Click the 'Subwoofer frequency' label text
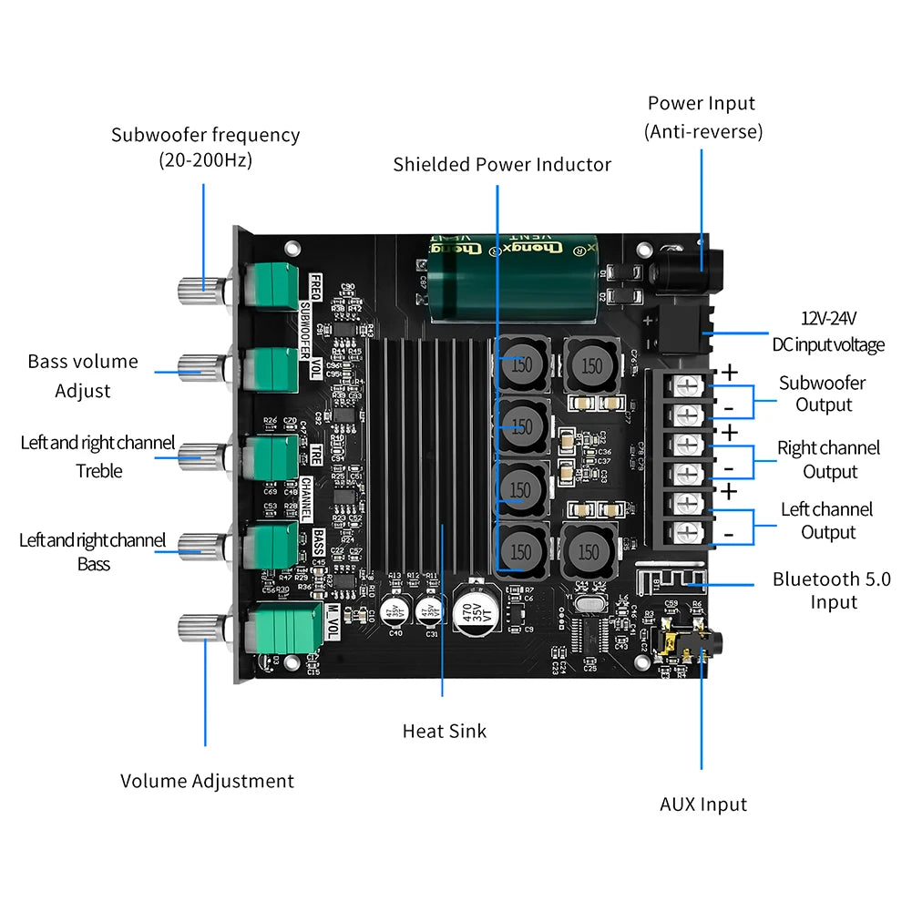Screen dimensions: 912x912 tap(205, 147)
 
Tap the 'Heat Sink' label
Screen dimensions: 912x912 tap(444, 731)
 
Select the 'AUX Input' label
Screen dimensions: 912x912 tap(702, 804)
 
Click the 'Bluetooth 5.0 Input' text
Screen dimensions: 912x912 tap(831, 589)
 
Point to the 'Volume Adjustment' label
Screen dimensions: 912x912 tap(207, 781)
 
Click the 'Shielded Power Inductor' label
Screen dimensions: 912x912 tap(502, 165)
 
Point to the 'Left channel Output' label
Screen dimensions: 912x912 tap(826, 520)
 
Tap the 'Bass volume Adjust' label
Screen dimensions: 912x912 tap(83, 375)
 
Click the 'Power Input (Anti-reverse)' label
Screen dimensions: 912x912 tap(702, 118)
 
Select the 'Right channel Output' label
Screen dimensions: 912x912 tap(828, 459)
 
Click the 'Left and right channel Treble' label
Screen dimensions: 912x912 tap(97, 456)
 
